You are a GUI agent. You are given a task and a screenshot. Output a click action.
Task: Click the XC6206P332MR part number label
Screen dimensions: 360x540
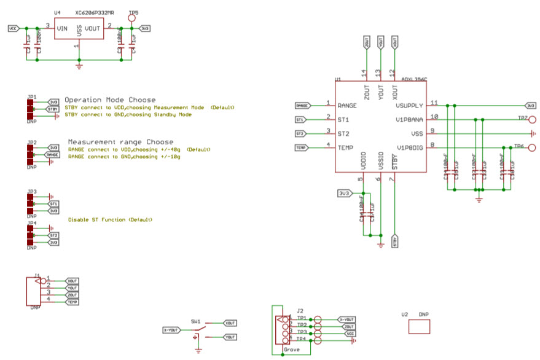click(95, 12)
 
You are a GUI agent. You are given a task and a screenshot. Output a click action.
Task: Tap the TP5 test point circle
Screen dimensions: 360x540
click(132, 18)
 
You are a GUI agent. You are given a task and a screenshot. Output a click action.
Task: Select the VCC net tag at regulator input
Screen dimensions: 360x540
click(15, 28)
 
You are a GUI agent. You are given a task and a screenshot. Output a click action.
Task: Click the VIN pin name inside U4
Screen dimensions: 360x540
click(63, 28)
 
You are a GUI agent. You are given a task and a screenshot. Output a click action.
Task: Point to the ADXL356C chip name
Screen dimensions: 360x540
click(413, 79)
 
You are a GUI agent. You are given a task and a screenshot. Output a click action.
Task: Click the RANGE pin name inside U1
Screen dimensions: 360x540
click(347, 106)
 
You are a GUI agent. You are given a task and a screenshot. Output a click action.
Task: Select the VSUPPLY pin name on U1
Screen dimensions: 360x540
click(410, 106)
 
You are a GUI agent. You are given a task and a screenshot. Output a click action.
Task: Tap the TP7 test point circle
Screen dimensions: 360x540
click(532, 119)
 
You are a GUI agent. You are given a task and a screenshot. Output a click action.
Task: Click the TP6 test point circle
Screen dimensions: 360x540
click(532, 147)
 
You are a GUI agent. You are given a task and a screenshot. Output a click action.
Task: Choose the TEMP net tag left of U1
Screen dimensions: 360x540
click(302, 147)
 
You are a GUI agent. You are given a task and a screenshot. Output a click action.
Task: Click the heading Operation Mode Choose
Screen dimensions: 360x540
click(110, 100)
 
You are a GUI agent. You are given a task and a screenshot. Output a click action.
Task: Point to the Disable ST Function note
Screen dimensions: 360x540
click(110, 219)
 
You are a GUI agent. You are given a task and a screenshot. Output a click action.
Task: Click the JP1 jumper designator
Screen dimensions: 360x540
click(32, 97)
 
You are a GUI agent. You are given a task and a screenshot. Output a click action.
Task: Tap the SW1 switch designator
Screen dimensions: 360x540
click(195, 321)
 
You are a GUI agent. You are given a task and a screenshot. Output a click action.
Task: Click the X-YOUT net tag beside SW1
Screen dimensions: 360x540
click(171, 330)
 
